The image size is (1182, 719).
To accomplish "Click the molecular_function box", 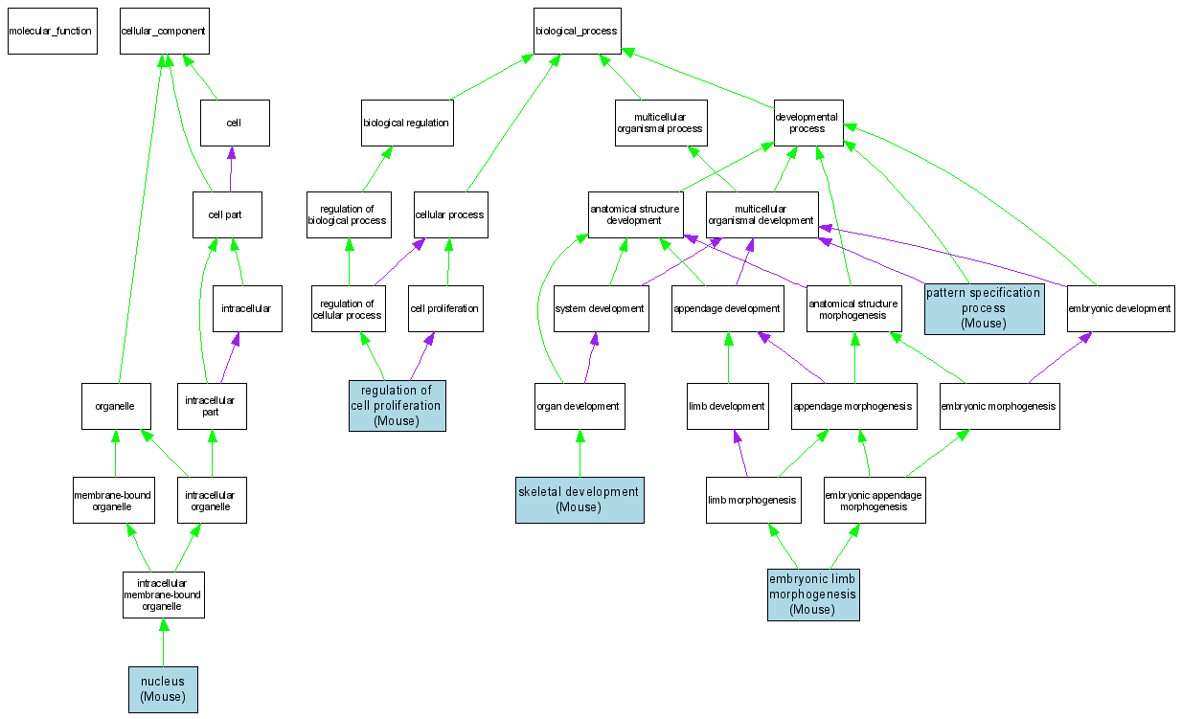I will [52, 31].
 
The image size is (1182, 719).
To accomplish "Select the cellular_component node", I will [164, 31].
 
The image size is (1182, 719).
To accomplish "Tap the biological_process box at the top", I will [577, 31].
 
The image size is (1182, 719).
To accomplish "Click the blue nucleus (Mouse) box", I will [163, 689].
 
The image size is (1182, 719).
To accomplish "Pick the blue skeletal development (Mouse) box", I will [580, 499].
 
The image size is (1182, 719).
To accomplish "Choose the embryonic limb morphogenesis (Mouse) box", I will [813, 595].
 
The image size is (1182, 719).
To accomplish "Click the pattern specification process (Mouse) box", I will [984, 308].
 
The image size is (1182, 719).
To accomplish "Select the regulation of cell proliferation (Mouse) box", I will [397, 405].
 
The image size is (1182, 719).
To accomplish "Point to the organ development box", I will [580, 406].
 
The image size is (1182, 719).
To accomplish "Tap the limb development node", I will [728, 406].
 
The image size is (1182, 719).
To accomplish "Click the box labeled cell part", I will [227, 214].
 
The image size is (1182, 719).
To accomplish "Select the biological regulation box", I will [406, 123].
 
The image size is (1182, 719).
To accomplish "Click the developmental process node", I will [808, 123].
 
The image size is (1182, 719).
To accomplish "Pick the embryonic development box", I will [1121, 308].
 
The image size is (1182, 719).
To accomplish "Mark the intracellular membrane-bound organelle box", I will [163, 594].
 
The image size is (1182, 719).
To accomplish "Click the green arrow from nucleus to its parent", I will [163, 642].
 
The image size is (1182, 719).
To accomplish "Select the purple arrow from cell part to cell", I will [230, 169].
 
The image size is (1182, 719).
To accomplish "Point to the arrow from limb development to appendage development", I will [728, 357].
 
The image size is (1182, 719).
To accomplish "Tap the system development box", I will [601, 308].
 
